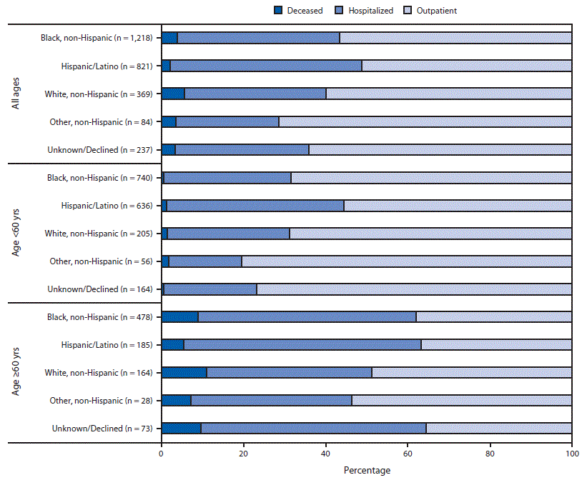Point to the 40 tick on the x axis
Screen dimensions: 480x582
(x=325, y=453)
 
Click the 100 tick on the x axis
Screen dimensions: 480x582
(x=571, y=453)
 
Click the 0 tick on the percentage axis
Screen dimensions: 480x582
(x=162, y=453)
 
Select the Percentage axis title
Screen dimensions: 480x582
(x=366, y=470)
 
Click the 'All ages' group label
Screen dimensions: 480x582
(x=16, y=94)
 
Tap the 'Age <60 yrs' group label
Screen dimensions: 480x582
(x=16, y=232)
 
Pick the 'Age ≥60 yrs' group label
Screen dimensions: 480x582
(x=16, y=371)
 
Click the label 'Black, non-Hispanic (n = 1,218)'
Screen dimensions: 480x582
(x=97, y=38)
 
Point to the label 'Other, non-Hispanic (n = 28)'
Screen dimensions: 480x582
(x=101, y=400)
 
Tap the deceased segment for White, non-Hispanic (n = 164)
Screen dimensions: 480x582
(x=184, y=372)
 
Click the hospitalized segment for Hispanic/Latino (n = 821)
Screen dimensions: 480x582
(x=266, y=66)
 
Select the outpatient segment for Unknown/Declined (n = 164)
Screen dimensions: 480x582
(x=414, y=289)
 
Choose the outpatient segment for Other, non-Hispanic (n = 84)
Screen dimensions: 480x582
(x=425, y=121)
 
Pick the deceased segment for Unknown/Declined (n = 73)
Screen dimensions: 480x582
(x=181, y=428)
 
